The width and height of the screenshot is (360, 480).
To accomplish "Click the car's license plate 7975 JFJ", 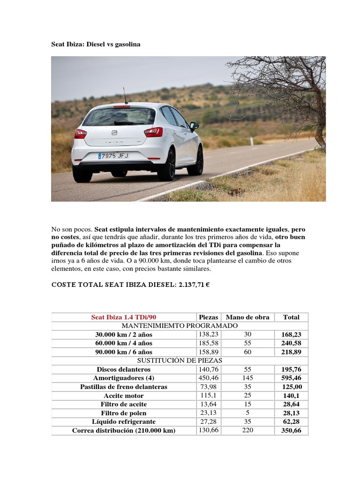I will (x=113, y=156).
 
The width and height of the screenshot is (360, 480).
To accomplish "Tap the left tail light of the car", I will (x=80, y=134).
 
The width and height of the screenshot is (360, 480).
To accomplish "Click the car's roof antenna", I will (x=125, y=96).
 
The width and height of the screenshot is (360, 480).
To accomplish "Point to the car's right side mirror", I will (x=194, y=125).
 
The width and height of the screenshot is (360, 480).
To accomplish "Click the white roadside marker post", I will (x=252, y=140).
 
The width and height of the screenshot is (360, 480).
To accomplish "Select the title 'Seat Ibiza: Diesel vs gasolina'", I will (x=96, y=44).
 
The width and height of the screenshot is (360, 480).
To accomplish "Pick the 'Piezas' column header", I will (x=209, y=317).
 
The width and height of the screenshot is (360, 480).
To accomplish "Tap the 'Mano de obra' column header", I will (x=247, y=317).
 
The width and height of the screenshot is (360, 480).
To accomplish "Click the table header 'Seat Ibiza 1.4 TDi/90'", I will (x=124, y=317).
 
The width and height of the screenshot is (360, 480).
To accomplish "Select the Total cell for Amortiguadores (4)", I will (x=291, y=378).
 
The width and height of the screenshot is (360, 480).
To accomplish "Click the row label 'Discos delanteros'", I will (x=124, y=370).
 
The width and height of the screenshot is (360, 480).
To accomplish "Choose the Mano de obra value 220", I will (x=247, y=430).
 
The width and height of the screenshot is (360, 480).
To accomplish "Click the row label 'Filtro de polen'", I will (x=124, y=413).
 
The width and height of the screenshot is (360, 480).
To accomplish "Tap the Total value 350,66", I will (x=291, y=431).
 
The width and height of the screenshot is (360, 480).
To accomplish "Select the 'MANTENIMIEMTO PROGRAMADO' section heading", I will (x=180, y=326).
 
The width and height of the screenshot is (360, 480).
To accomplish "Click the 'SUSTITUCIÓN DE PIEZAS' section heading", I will (x=180, y=361).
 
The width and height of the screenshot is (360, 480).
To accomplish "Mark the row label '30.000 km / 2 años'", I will (x=124, y=335).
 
